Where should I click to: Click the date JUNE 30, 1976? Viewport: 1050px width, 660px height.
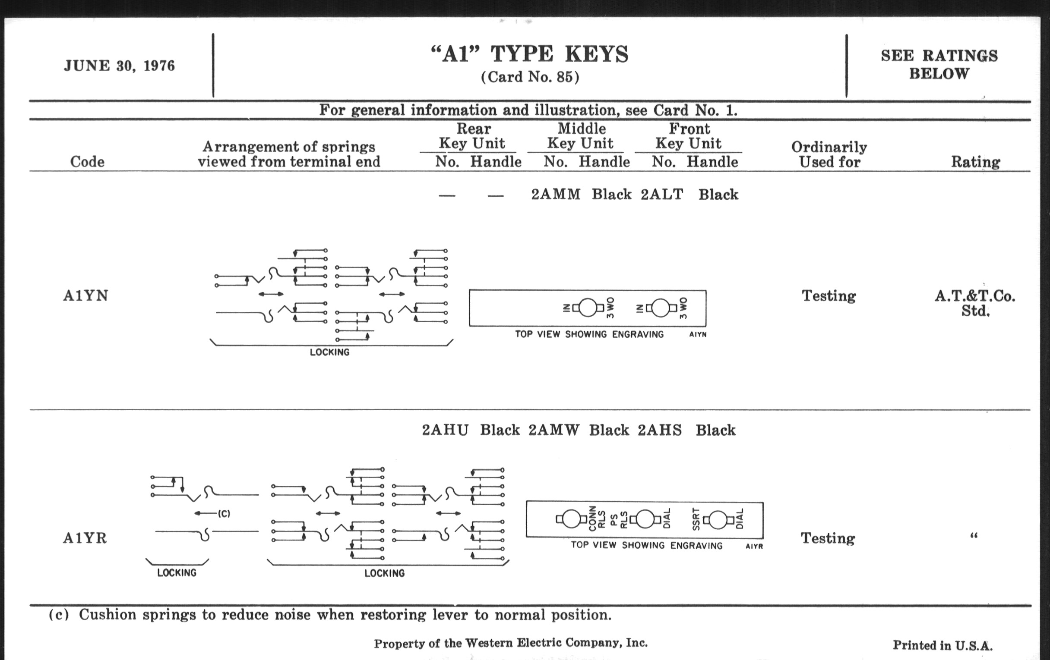pyautogui.click(x=119, y=66)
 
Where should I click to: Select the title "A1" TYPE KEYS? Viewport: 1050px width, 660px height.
pyautogui.click(x=529, y=54)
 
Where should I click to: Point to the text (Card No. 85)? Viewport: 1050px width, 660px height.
pyautogui.click(x=530, y=77)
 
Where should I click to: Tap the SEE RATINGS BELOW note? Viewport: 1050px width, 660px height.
pyautogui.click(x=939, y=64)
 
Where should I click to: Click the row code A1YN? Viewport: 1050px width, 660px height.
pyautogui.click(x=85, y=296)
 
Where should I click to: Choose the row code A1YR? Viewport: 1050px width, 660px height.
pyautogui.click(x=85, y=538)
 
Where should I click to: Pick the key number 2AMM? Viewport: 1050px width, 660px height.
pyautogui.click(x=556, y=194)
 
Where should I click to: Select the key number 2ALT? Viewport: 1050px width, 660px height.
pyautogui.click(x=662, y=194)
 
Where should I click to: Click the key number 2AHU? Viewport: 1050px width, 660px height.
pyautogui.click(x=445, y=431)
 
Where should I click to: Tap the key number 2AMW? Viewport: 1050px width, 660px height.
pyautogui.click(x=554, y=431)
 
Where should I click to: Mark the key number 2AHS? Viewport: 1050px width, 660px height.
pyautogui.click(x=660, y=431)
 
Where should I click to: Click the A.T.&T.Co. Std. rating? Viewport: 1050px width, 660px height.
pyautogui.click(x=975, y=304)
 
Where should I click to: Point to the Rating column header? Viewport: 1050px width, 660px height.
pyautogui.click(x=975, y=162)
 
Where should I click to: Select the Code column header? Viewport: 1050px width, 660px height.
pyautogui.click(x=87, y=162)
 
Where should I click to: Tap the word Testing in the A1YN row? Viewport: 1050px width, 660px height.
pyautogui.click(x=829, y=296)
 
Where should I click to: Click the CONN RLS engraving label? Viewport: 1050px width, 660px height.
pyautogui.click(x=597, y=519)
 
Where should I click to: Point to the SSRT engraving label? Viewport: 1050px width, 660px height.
pyautogui.click(x=696, y=519)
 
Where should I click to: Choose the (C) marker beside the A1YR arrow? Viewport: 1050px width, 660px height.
pyautogui.click(x=224, y=514)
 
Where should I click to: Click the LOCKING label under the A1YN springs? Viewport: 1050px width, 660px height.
pyautogui.click(x=330, y=352)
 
